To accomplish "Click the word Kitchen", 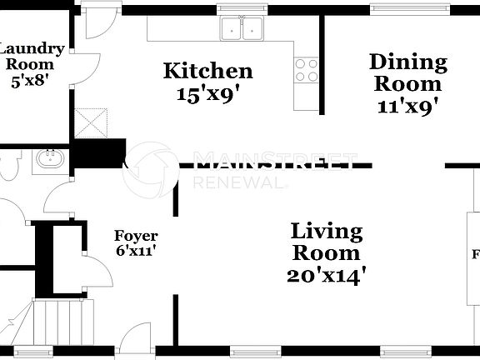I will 207,71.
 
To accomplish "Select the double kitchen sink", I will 242,31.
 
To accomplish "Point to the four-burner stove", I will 306,67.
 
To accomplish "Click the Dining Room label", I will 407,72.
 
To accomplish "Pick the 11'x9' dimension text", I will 407,106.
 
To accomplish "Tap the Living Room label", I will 326,242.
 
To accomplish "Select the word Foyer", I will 136,236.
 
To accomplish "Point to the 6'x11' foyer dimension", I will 136,250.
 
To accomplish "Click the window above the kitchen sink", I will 242,10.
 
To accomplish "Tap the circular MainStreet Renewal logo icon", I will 152,166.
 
